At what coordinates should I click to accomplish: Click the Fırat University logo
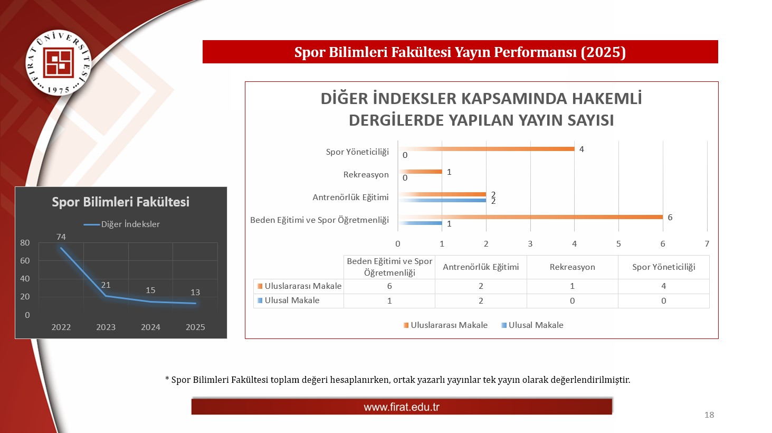[59, 63]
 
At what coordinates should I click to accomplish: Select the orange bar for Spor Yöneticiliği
[486, 149]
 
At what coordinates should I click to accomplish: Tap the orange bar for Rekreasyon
[420, 172]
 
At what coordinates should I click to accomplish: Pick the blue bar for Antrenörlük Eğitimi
[442, 200]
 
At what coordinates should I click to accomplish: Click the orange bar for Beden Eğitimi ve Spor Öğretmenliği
[530, 217]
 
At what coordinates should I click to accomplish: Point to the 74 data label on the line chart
[61, 237]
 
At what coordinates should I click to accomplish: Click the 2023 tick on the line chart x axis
[106, 327]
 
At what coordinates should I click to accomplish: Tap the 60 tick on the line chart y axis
[25, 261]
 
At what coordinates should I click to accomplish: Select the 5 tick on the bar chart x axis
[618, 244]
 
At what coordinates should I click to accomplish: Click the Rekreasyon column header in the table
[572, 267]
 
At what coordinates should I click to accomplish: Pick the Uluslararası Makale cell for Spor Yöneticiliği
[663, 286]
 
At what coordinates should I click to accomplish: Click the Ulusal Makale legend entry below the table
[532, 325]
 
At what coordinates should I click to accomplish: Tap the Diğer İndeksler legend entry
[122, 224]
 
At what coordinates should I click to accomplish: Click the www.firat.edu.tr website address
[402, 407]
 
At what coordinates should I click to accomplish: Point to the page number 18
[709, 415]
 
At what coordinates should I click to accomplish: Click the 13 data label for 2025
[195, 293]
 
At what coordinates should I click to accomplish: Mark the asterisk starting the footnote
[167, 379]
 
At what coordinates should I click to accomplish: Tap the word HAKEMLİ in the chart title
[607, 99]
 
